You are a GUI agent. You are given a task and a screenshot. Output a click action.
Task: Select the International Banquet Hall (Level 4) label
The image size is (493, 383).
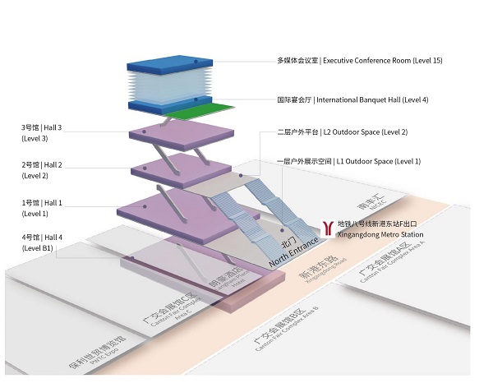(x=352, y=100)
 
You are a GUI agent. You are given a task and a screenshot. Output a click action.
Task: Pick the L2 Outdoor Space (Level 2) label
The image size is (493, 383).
(x=343, y=132)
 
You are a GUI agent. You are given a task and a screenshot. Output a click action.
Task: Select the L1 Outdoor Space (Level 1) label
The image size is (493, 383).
(x=349, y=161)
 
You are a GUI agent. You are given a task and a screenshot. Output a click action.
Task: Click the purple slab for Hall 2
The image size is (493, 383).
(x=181, y=170)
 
